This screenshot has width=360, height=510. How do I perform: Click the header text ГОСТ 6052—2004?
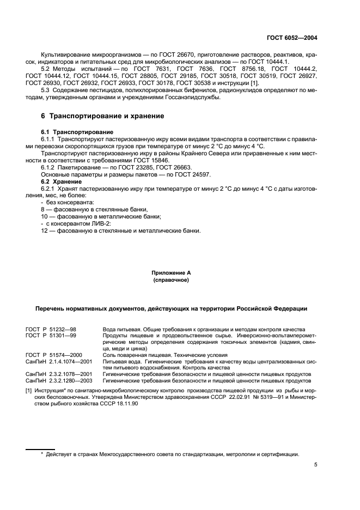click(x=292, y=38)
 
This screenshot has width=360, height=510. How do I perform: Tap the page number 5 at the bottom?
click(x=315, y=465)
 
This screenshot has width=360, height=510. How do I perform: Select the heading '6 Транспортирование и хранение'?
click(x=103, y=116)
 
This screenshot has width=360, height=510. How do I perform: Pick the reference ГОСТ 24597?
click(x=194, y=174)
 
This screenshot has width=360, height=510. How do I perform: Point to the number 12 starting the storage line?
click(x=45, y=230)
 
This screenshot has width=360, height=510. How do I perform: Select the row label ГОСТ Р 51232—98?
click(x=51, y=330)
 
